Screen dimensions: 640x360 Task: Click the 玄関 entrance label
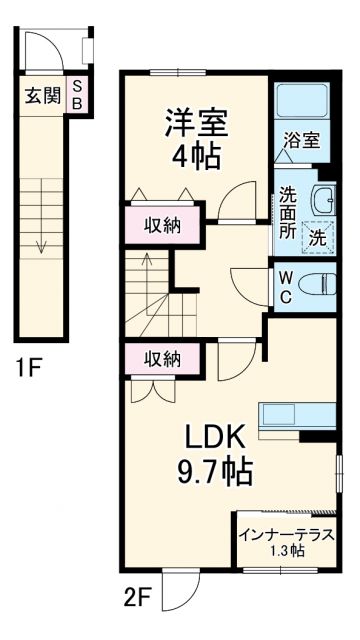pyautogui.click(x=42, y=96)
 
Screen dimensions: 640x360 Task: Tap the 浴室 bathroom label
pyautogui.click(x=302, y=141)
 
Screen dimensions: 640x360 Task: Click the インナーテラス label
pyautogui.click(x=286, y=535)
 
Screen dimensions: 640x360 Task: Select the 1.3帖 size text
pyautogui.click(x=286, y=552)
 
